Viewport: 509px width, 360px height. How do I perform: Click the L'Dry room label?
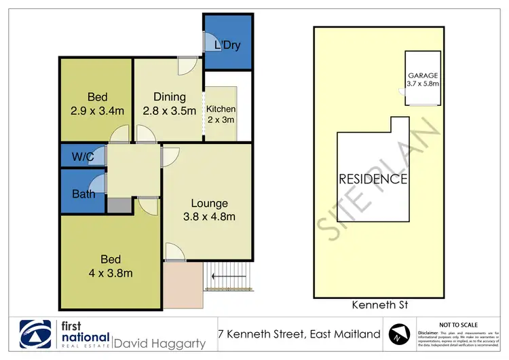pos(227,46)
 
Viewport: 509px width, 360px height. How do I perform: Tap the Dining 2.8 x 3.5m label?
pos(170,104)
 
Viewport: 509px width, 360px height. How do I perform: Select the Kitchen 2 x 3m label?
pos(221,114)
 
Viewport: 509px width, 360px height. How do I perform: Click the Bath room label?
pos(83,194)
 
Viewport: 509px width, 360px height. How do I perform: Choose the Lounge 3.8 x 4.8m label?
pos(209,210)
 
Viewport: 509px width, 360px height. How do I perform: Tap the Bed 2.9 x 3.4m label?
pos(98,104)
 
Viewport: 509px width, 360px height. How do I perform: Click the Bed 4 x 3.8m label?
pos(111,266)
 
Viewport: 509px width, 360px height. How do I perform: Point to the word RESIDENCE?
pos(374,179)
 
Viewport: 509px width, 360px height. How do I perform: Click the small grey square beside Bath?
pos(117,205)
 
